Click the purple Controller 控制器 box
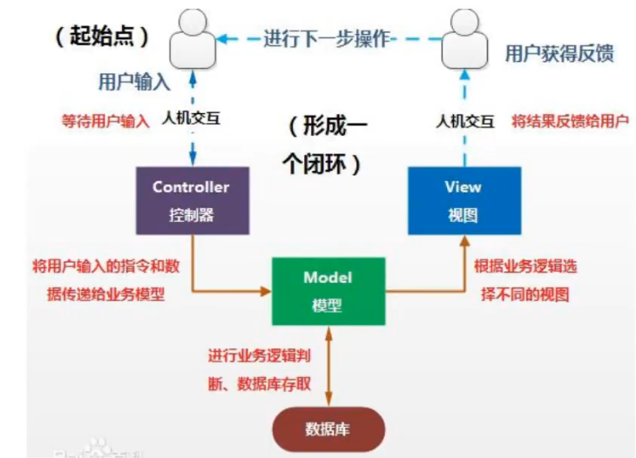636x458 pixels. pos(191,200)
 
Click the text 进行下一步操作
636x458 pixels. pos(326,39)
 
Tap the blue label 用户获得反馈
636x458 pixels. pos(559,53)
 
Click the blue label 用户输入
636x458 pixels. pos(132,81)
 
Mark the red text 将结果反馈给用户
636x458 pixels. pos(570,120)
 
